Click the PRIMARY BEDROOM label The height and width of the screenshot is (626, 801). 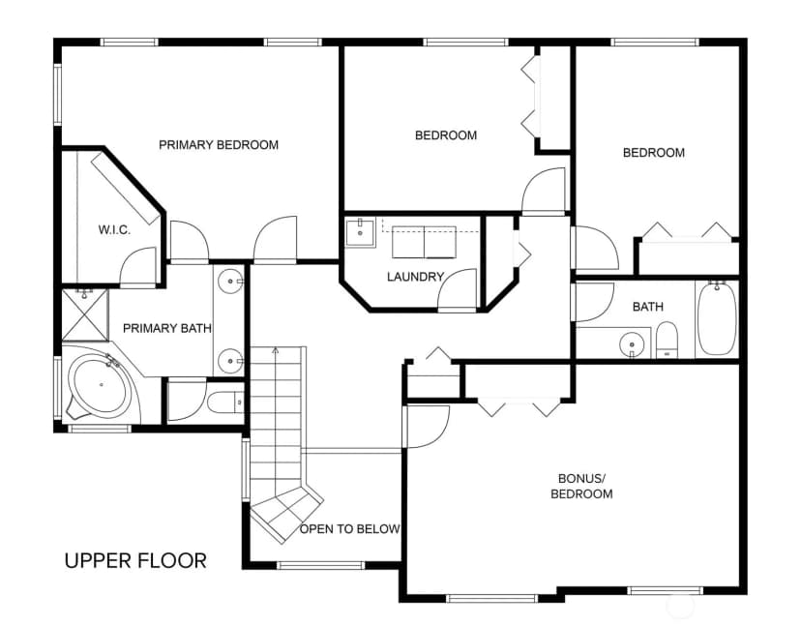[219, 145]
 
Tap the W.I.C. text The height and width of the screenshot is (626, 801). [114, 230]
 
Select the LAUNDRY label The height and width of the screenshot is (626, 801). [415, 277]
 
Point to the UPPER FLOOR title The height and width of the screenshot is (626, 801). [135, 561]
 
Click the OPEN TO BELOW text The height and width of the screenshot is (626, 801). [349, 529]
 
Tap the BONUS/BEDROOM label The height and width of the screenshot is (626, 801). [581, 486]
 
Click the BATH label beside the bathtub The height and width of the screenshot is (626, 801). [648, 307]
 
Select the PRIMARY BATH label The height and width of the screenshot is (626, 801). [167, 328]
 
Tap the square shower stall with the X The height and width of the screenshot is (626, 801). [85, 315]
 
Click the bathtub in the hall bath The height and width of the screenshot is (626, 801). [717, 318]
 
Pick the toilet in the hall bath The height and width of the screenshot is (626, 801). [667, 340]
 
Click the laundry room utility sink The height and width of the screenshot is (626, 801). [360, 233]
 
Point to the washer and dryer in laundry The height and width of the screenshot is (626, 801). [424, 242]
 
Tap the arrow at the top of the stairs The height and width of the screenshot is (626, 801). [276, 350]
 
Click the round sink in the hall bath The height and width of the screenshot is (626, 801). [633, 344]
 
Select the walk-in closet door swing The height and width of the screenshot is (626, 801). [138, 266]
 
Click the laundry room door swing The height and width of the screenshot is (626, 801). [458, 289]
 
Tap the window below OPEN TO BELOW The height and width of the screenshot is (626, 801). [320, 565]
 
